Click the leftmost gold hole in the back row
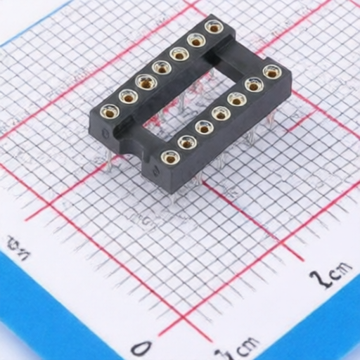[x=110, y=111]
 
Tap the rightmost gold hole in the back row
[x=214, y=27]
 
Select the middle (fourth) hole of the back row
[x=162, y=68]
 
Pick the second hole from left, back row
[x=128, y=96]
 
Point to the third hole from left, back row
[x=146, y=82]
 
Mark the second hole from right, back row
[x=196, y=40]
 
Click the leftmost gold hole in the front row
[x=169, y=157]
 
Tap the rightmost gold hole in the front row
[x=272, y=72]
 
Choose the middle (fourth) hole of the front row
[x=221, y=113]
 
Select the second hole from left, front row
[x=187, y=143]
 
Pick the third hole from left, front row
[x=204, y=127]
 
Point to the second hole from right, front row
[x=254, y=85]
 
